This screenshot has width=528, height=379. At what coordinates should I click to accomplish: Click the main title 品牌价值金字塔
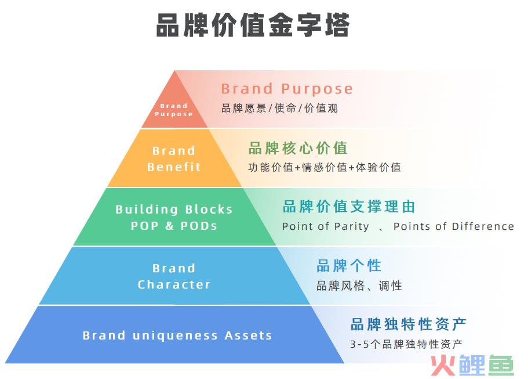pos(253,26)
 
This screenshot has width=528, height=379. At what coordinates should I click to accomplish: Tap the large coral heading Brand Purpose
pos(287,89)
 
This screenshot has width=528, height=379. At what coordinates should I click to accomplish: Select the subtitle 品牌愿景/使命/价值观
pos(279,108)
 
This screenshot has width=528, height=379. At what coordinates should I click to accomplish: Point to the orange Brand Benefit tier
pos(174,158)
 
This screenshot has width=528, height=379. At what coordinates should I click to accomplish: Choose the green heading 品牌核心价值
pos(298,148)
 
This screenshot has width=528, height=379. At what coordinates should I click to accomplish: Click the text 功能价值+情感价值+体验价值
pos(324,167)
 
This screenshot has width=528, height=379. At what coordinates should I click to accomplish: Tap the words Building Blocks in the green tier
pos(174,210)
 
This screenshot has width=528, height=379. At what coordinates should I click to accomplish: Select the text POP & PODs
pos(174,226)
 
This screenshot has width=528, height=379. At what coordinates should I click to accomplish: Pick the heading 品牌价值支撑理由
pos(349,207)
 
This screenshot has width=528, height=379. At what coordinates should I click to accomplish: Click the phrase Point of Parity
pos(326,226)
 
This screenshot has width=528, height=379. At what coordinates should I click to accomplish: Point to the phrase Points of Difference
pos(454,226)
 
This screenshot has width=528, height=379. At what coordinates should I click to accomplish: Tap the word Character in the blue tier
pos(174,284)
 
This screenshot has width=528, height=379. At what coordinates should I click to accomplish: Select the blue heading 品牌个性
pos(349,266)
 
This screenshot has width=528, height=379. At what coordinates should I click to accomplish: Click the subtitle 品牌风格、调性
pos(359,286)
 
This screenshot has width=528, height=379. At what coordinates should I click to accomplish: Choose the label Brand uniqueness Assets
pos(177,335)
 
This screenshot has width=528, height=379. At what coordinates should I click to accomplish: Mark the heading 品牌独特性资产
pos(408,324)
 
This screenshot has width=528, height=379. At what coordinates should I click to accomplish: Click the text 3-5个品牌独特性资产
pos(406,344)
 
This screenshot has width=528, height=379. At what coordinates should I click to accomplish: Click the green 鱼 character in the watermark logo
pos(501,365)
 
